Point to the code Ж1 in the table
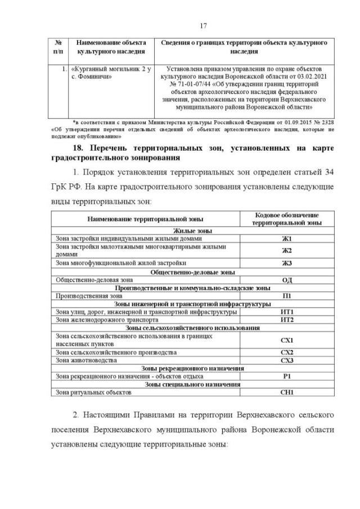[287, 238]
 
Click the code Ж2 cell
[287, 250]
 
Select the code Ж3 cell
[287, 263]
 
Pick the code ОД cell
[287, 279]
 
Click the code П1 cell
[287, 295]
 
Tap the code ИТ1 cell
[287, 312]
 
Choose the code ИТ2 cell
[287, 319]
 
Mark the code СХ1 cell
[287, 340]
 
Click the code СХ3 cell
[287, 360]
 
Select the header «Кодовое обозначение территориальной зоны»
[287, 219]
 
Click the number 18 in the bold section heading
[75, 147]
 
